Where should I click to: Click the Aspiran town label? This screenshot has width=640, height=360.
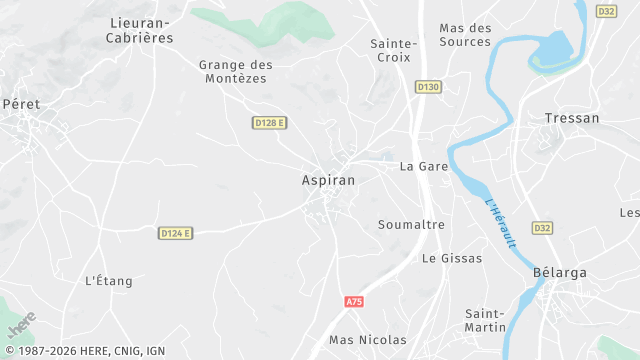click(326, 180)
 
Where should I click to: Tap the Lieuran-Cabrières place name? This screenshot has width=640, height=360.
click(140, 30)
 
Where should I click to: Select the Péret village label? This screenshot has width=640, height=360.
click(21, 103)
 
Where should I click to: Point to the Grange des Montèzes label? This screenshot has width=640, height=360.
click(236, 72)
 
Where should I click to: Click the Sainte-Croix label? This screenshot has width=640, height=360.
click(393, 50)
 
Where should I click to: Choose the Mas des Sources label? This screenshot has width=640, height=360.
click(465, 35)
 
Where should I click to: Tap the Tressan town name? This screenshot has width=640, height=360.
click(572, 118)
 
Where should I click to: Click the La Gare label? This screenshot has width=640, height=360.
click(424, 166)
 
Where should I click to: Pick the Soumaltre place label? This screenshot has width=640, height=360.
click(411, 225)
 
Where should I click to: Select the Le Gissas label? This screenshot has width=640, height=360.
click(452, 258)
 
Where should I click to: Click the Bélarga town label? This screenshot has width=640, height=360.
click(560, 272)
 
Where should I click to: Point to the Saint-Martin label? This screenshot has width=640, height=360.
click(491, 320)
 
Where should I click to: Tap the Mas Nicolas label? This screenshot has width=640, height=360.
click(368, 340)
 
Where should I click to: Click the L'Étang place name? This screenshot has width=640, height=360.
click(109, 281)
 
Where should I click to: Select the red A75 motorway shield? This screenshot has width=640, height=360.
click(353, 301)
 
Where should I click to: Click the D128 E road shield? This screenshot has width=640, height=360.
click(269, 122)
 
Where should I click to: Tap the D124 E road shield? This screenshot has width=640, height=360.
click(175, 233)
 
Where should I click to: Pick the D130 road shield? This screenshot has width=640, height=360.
click(428, 87)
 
